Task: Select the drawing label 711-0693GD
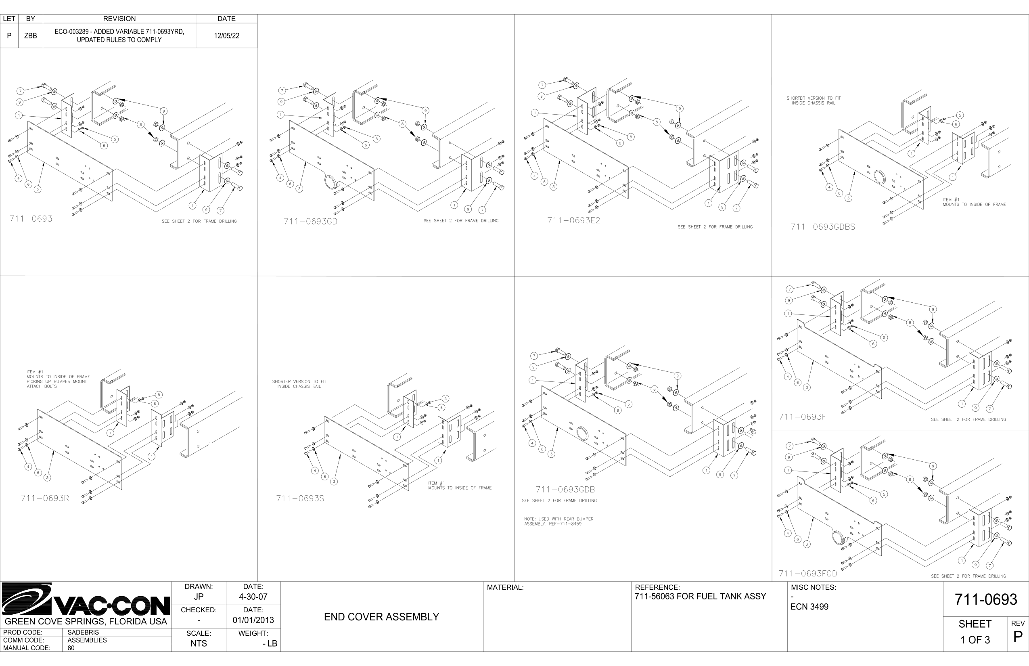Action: pos(310,222)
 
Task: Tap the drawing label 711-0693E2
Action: pos(573,220)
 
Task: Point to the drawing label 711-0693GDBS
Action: pos(823,227)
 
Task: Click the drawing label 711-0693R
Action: pos(45,498)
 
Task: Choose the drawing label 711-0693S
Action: pos(300,498)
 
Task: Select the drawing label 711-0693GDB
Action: pos(565,490)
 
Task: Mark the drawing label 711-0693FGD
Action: pos(807,574)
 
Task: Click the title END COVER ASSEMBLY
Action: pos(381,617)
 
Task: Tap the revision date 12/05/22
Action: pos(226,36)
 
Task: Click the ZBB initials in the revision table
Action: pos(30,36)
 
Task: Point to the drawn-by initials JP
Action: pos(199,597)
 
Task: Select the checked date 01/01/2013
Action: pos(253,620)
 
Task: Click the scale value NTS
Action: pos(199,643)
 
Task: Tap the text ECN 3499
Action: pos(809,607)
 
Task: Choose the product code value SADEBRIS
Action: pos(83,632)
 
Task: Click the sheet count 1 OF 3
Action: pos(975,640)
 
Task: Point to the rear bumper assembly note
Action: pos(558,521)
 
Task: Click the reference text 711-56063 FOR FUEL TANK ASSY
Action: pos(700,597)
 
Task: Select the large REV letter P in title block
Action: pos(1018,637)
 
